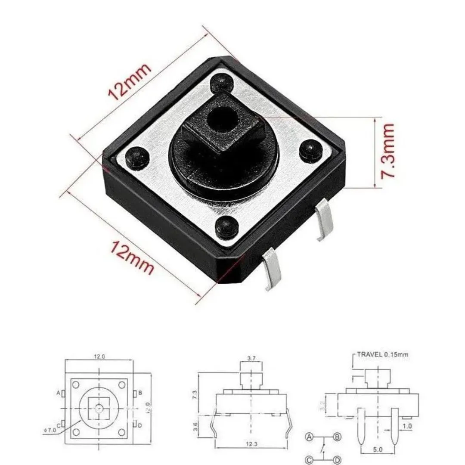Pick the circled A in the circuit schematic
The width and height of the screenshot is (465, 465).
309,437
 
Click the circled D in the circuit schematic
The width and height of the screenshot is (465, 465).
338,460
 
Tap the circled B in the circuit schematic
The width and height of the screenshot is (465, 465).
338,437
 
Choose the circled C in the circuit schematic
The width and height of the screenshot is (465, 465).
309,460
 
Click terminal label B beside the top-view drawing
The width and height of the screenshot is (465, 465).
141,393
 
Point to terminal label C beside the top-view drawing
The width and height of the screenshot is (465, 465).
58,424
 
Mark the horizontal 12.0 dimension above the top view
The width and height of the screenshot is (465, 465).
99,356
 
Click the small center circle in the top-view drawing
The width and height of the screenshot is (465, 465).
99,407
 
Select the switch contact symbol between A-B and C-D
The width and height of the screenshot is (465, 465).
323,449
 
